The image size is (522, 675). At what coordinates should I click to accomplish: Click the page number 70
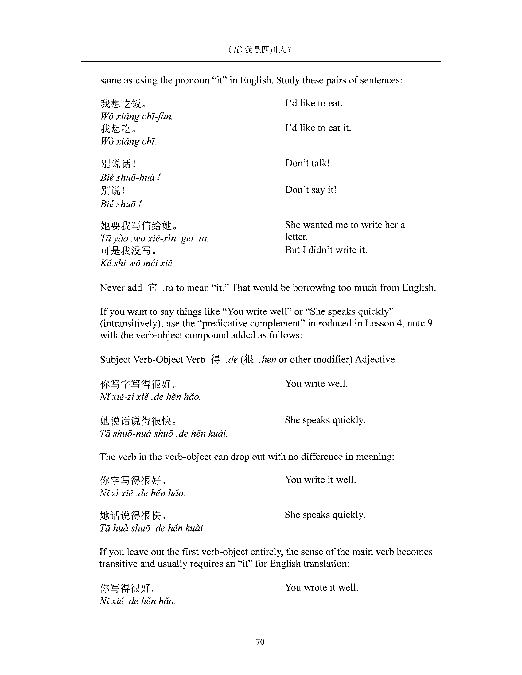260,642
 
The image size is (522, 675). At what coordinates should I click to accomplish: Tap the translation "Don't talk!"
307,163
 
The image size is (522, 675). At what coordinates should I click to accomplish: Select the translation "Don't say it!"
310,189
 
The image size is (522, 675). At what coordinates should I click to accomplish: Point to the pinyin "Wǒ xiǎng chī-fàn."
136,117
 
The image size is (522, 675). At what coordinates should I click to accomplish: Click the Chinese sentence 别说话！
118,164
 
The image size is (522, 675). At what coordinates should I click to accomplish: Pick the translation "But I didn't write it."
326,250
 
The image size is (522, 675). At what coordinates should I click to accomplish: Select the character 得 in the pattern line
215,360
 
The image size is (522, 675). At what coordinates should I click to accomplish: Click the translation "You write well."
316,384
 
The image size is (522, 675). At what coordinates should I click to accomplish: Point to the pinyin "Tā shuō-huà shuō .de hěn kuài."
164,434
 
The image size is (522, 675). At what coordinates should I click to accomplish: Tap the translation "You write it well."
320,480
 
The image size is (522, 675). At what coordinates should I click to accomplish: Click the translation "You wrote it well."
321,587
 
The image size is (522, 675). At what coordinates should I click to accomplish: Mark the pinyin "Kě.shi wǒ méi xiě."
137,263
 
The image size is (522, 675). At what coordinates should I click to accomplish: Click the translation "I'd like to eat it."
318,128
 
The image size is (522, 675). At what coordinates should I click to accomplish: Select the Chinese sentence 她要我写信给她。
139,226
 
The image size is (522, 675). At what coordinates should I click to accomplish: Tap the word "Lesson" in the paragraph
380,323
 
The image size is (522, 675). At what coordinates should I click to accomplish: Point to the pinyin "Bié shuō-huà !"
130,178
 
